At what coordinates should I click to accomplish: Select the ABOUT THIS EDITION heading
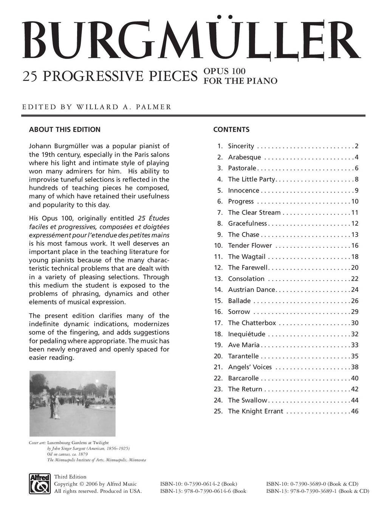pyautogui.click(x=65, y=129)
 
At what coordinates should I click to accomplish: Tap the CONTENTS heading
pyautogui.click(x=231, y=129)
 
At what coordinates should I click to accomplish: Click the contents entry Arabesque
pyautogui.click(x=244, y=157)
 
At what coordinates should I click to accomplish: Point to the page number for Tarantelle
pyautogui.click(x=354, y=356)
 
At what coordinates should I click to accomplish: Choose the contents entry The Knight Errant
pyautogui.click(x=255, y=411)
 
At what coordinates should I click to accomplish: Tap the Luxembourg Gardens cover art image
pyautogui.click(x=72, y=404)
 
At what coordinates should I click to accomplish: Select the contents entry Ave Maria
pyautogui.click(x=243, y=345)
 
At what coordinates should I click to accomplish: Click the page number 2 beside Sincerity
pyautogui.click(x=356, y=146)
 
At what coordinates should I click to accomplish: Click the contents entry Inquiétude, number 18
pyautogui.click(x=246, y=334)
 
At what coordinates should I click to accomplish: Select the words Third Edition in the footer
pyautogui.click(x=70, y=477)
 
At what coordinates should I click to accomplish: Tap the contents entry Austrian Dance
pyautogui.click(x=251, y=290)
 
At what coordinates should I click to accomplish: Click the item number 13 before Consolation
pyautogui.click(x=218, y=279)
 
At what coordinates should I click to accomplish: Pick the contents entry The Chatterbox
pyautogui.click(x=252, y=323)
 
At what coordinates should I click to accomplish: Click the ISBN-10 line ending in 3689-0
pyautogui.click(x=312, y=484)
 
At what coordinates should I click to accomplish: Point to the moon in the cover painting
pyautogui.click(x=97, y=381)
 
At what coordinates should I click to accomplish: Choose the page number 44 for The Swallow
pyautogui.click(x=354, y=400)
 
